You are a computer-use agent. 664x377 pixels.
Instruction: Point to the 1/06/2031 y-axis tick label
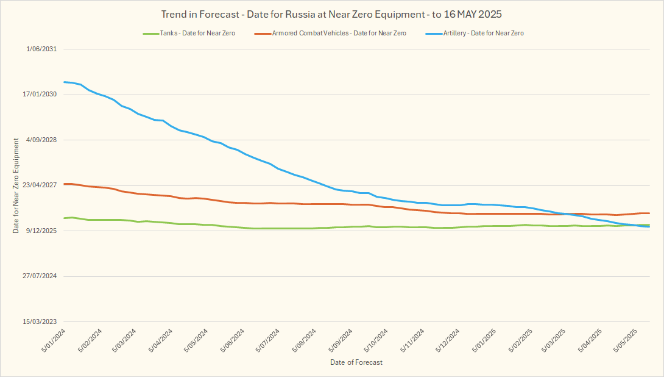[x=41, y=49]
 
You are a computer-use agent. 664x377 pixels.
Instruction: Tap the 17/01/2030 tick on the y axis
[x=40, y=95]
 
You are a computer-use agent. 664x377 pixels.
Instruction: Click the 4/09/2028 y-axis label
[x=41, y=140]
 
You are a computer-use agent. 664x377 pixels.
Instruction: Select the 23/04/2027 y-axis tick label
[x=40, y=185]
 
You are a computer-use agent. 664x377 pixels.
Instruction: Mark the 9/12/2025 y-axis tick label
[x=41, y=231]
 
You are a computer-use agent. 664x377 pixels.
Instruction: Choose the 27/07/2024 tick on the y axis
[x=40, y=276]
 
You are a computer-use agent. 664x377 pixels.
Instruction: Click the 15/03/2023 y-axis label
[x=40, y=321]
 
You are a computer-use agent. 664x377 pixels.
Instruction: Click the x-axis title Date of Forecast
[x=356, y=362]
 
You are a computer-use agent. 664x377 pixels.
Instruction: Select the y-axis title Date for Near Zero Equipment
[x=16, y=185]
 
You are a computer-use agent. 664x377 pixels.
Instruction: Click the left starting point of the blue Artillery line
[x=64, y=82]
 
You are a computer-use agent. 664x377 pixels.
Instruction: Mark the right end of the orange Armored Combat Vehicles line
[x=649, y=213]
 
